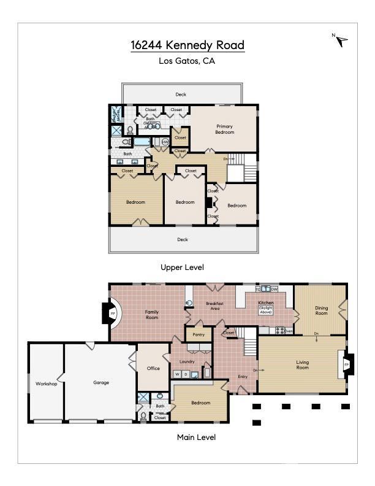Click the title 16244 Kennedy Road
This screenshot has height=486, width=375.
187,45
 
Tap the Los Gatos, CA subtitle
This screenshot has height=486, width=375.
187,61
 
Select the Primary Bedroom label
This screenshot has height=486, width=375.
224,129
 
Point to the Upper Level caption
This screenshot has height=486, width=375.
182,268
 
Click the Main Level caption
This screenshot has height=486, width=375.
196,438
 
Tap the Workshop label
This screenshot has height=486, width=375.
46,384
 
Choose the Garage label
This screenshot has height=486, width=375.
101,382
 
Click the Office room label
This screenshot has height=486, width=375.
153,368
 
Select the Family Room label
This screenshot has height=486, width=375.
151,315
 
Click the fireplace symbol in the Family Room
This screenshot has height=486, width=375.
113,314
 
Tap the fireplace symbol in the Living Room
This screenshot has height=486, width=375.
346,365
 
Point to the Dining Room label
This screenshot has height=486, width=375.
321,311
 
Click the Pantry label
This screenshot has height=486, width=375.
198,334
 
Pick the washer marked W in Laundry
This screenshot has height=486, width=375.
177,374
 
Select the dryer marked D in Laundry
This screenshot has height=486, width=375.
186,374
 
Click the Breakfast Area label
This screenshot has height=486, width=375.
213,306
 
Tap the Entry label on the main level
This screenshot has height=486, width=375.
243,377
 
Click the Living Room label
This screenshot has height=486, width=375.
302,364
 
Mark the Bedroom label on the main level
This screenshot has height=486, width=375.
200,403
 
